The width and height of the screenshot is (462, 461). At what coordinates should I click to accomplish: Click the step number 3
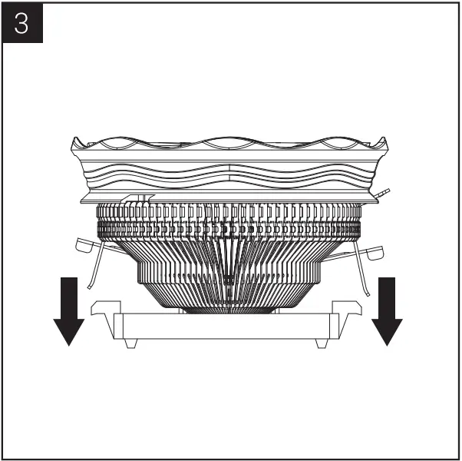[22, 24]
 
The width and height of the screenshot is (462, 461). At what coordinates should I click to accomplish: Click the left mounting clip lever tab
[87, 247]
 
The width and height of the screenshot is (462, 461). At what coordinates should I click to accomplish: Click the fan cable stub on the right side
[383, 192]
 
